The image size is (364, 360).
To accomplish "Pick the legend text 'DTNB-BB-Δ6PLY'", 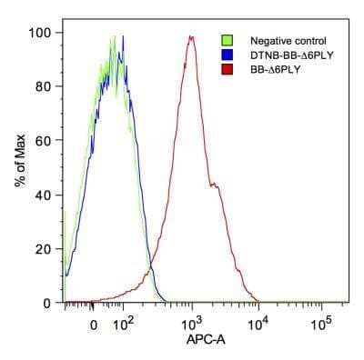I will coord(285,54).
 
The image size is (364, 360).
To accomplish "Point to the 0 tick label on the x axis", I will coord(94,324).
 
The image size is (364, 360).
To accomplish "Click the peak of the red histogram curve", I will coord(191,37).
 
